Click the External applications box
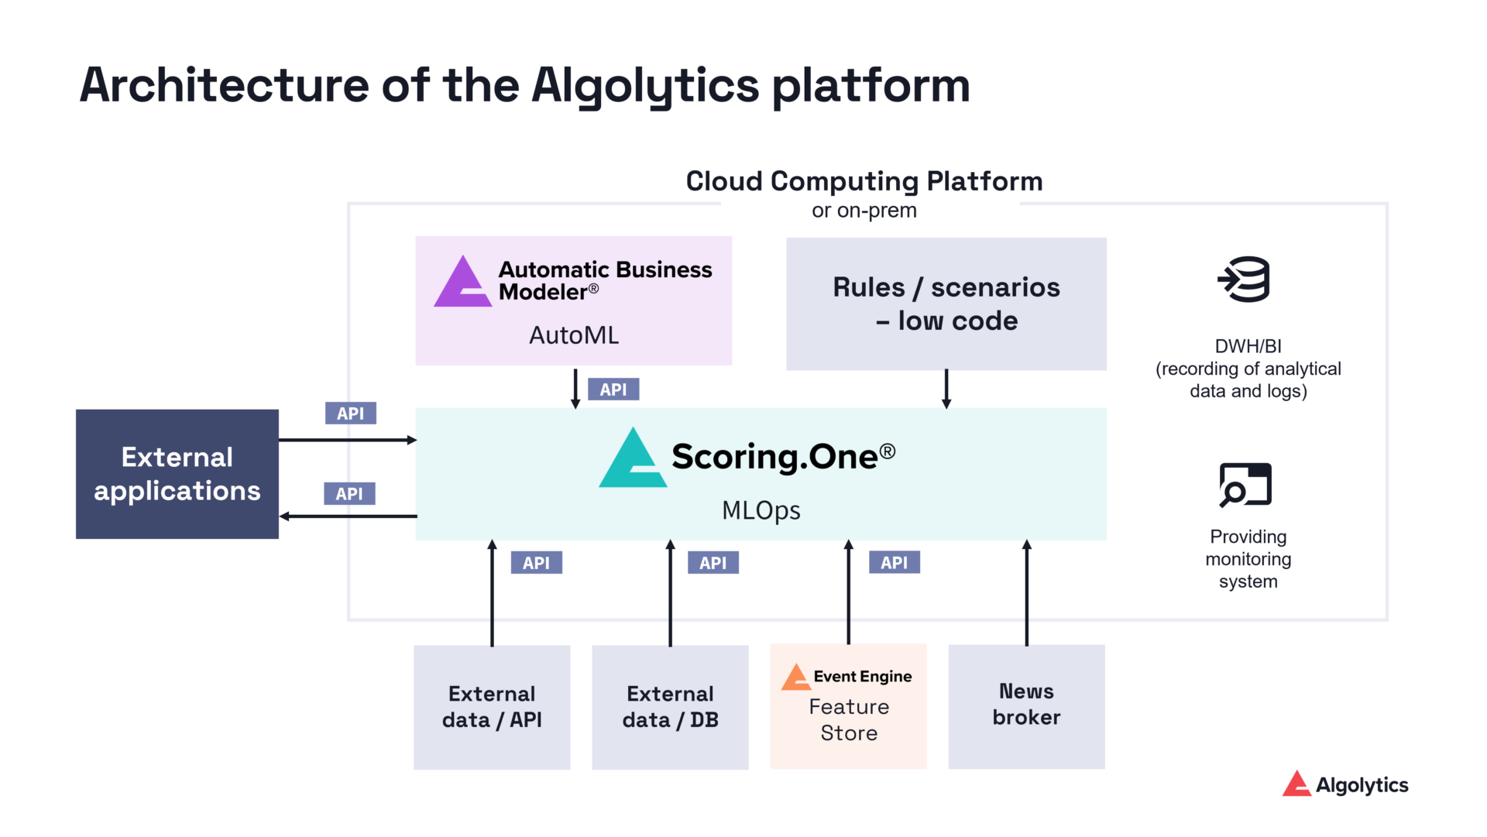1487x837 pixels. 177,474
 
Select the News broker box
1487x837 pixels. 1026,706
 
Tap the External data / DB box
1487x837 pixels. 670,706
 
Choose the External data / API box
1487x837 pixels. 492,706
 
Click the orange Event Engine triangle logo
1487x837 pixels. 795,677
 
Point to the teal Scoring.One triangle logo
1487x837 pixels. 633,461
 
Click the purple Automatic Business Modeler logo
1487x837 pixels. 463,283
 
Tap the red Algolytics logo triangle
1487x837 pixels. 1296,784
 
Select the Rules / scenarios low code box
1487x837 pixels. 946,304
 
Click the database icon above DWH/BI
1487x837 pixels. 1244,280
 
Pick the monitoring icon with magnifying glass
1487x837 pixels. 1245,485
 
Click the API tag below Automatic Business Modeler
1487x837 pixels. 613,389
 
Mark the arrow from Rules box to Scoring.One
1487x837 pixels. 946,389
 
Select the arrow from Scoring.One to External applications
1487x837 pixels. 348,516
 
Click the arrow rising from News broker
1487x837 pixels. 1027,593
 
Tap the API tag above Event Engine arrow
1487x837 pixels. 894,563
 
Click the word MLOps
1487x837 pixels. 761,510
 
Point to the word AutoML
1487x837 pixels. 574,335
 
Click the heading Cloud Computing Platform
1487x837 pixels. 864,181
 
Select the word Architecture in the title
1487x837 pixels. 225,85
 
